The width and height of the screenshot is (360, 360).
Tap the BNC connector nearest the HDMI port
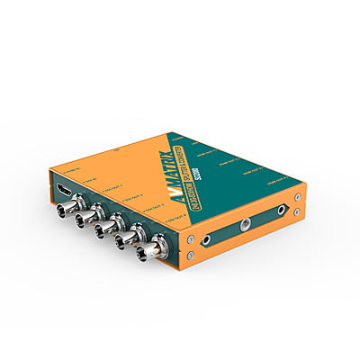tap(67, 211)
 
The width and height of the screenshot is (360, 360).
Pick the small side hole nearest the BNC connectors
tap(206, 240)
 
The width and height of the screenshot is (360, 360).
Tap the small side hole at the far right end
tap(283, 209)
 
